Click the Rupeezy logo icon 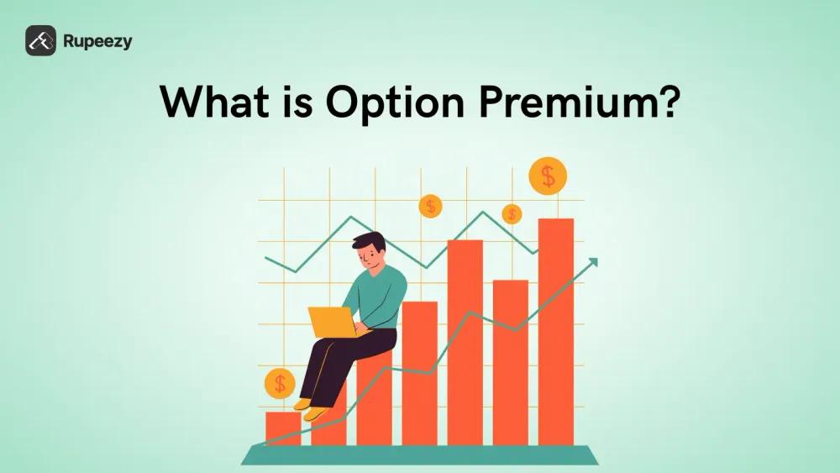tap(40, 40)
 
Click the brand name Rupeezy tap(97, 42)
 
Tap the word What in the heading tap(214, 101)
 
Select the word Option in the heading tap(396, 102)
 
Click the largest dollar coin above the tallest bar tap(548, 176)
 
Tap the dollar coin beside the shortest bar tap(280, 384)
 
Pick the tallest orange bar tap(556, 332)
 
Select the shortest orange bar tap(283, 428)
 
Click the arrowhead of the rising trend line tap(592, 262)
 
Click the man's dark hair tap(370, 240)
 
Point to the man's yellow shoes tap(310, 409)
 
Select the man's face tap(369, 258)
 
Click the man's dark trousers tap(343, 365)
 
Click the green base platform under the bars tap(419, 455)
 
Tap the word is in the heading tap(296, 102)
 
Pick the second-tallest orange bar tap(465, 342)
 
